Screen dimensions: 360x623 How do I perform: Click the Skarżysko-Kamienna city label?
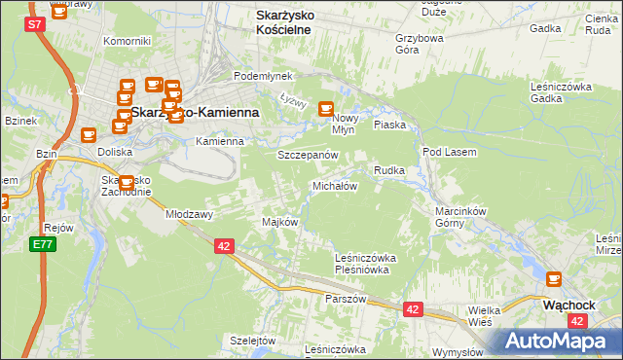[195, 112]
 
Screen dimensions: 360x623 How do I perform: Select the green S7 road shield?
[35, 23]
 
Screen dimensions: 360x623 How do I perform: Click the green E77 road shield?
[41, 244]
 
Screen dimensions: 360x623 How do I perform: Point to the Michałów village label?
[335, 185]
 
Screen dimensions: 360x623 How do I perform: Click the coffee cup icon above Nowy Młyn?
[327, 109]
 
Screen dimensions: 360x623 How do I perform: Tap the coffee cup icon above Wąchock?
[554, 279]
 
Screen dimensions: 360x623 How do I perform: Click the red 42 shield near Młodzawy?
[224, 247]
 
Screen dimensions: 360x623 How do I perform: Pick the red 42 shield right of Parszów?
[413, 309]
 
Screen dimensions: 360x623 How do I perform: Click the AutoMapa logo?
[553, 341]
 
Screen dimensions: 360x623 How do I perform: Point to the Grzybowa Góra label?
[420, 45]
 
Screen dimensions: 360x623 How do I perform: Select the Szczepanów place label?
[307, 155]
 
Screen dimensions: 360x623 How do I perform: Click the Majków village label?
[279, 222]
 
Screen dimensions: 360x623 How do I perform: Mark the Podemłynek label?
[258, 76]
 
